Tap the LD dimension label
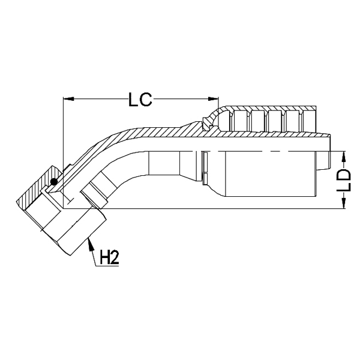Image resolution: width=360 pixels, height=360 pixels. pyautogui.click(x=344, y=181)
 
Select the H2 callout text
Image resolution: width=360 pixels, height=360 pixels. pyautogui.click(x=108, y=259)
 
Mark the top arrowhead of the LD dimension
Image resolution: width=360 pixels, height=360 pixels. pyautogui.click(x=343, y=155)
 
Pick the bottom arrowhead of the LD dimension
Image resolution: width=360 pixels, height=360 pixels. pyautogui.click(x=343, y=204)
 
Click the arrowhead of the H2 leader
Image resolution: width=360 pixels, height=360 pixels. pyautogui.click(x=89, y=241)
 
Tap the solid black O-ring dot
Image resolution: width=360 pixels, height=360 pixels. pyautogui.click(x=55, y=182)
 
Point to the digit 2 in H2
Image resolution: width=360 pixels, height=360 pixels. pyautogui.click(x=113, y=259)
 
